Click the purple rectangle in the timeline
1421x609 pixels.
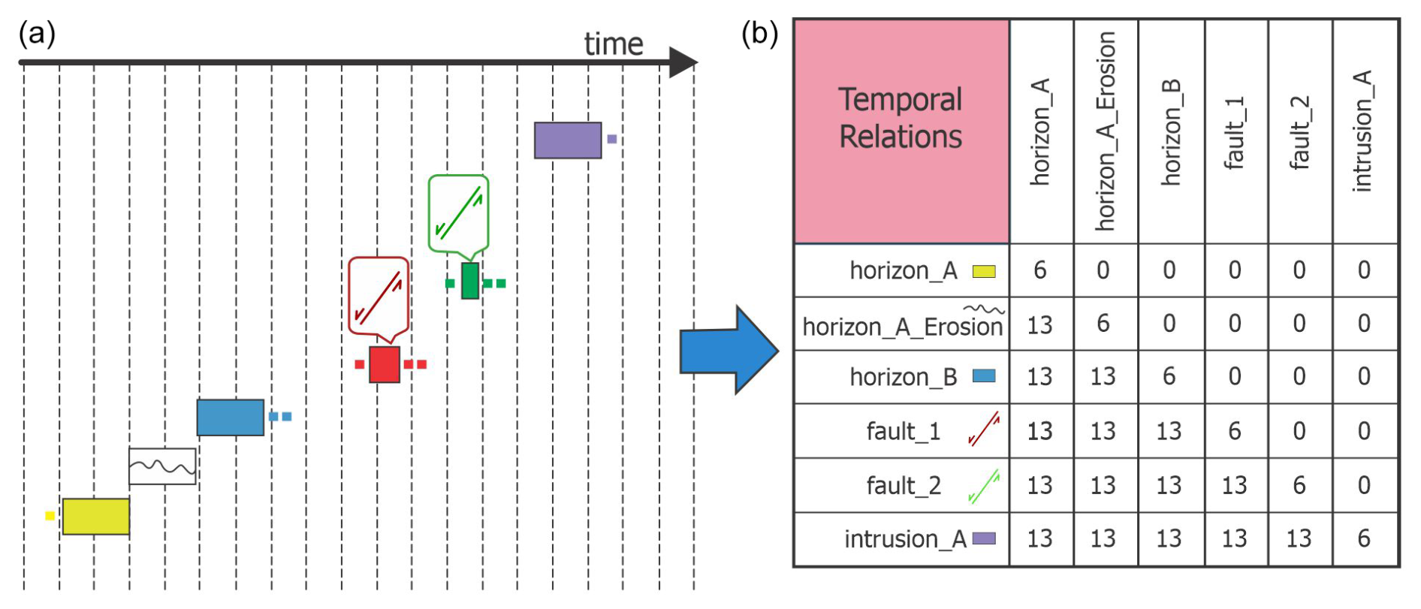click(568, 140)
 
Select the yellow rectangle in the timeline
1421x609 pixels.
click(95, 516)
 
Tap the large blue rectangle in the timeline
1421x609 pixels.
click(230, 418)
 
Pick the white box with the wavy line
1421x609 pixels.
click(162, 466)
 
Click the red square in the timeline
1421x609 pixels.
click(385, 365)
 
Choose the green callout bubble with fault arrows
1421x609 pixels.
click(458, 213)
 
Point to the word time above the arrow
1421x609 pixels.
click(614, 44)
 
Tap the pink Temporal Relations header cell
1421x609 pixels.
click(901, 131)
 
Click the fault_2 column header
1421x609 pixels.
click(1299, 131)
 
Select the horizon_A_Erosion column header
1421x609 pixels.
click(1105, 131)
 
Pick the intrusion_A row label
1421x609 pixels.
click(904, 539)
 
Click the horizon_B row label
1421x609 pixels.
click(903, 377)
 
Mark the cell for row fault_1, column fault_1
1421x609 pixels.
click(1235, 431)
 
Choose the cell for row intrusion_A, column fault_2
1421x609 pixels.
click(1299, 538)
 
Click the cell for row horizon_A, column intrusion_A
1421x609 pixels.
click(1364, 270)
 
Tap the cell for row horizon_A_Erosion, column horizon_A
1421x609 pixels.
click(1040, 324)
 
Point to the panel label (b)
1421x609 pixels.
click(759, 34)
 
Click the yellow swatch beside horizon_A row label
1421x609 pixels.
click(984, 271)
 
